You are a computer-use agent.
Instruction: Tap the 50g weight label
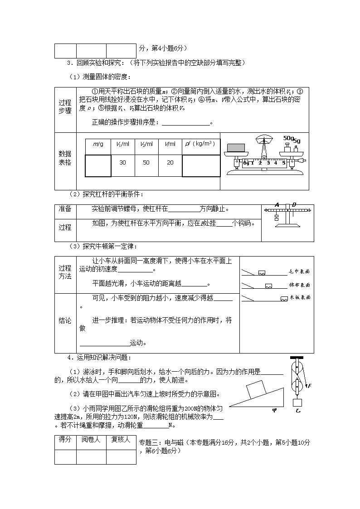288,138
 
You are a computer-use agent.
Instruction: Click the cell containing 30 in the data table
122,162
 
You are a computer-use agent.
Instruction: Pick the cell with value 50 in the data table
146,162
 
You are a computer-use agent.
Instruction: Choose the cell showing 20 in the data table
170,162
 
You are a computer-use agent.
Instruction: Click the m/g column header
98,144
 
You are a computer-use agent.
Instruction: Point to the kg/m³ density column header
200,144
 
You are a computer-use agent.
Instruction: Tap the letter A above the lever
276,204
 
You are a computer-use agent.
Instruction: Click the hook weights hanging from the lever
277,218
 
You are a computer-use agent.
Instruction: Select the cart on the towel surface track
262,273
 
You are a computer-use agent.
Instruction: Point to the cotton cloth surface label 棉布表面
299,285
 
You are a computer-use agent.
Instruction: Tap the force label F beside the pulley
309,386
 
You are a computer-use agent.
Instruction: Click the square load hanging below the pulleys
297,402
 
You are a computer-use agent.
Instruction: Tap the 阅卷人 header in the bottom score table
91,440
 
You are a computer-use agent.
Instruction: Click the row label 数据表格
65,158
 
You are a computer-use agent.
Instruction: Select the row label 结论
65,320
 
